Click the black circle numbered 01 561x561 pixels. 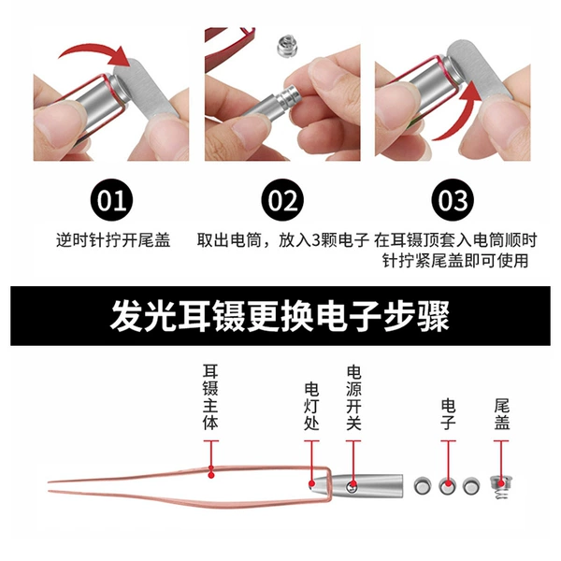111,200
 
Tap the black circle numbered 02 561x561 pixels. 282,200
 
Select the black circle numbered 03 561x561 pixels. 453,200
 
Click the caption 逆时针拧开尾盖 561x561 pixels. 113,240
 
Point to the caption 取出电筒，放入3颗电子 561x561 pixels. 282,240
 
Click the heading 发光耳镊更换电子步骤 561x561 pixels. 280,316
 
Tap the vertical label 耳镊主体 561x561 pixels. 210,396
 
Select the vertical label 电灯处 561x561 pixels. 311,406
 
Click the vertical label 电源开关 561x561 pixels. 353,397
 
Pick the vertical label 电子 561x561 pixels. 448,414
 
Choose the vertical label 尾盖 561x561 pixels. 501,414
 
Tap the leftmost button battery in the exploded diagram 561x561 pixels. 423,486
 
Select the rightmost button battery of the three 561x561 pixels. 471,486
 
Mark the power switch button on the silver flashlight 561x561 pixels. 352,486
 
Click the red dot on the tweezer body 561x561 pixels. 211,475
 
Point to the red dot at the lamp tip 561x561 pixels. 311,484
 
